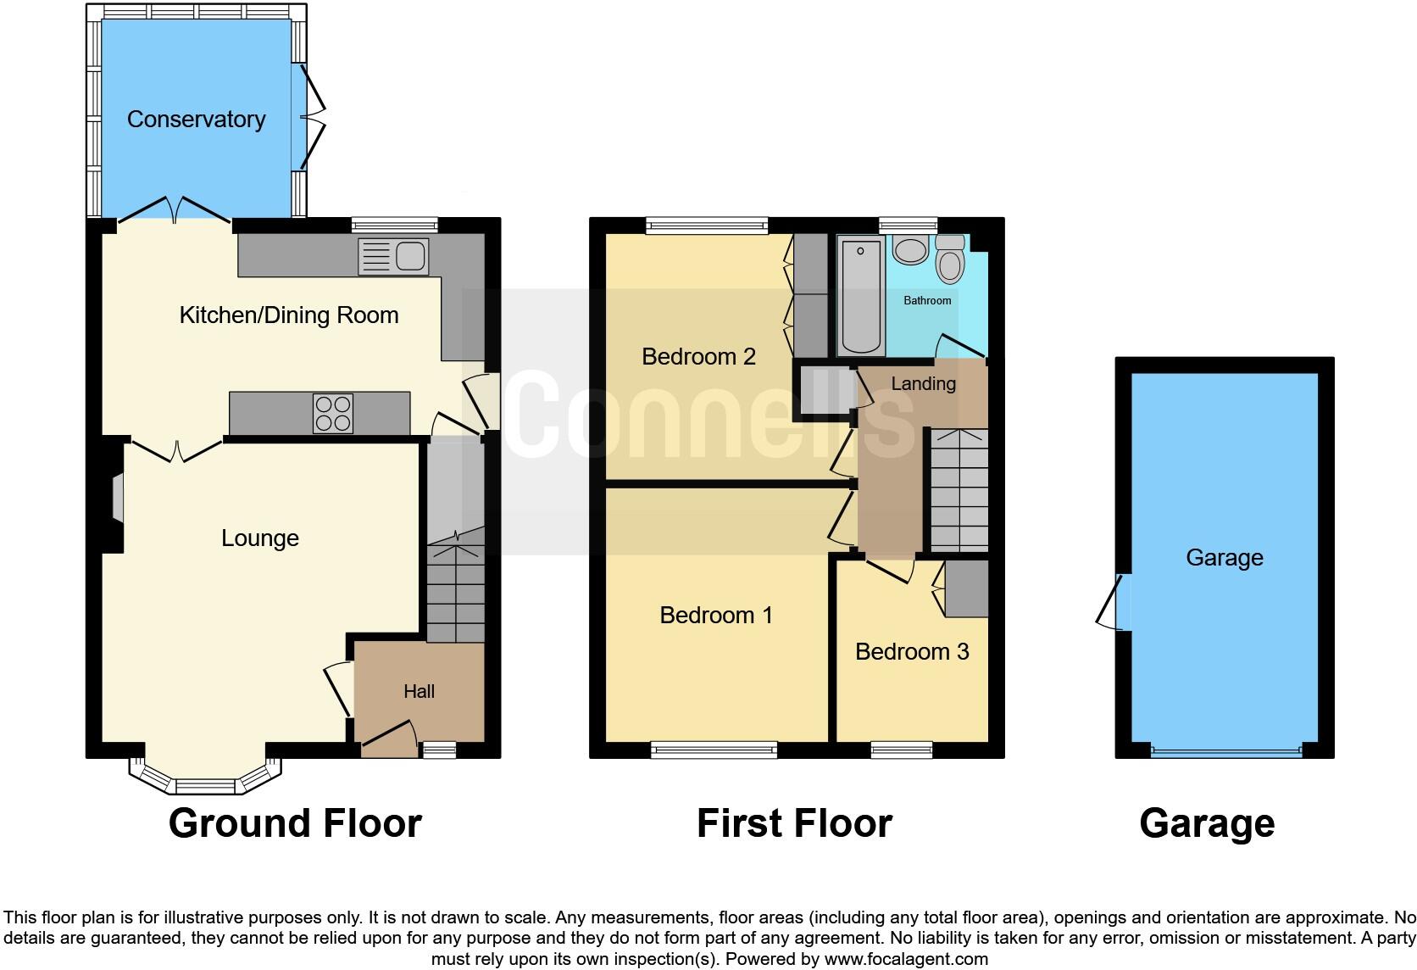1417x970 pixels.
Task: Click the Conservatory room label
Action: point(196,120)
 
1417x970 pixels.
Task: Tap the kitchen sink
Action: point(394,257)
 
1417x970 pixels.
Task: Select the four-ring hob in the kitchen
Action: point(333,414)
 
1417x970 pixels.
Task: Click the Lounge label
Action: point(259,538)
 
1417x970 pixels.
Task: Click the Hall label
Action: point(419,692)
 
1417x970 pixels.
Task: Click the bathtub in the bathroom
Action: point(860,296)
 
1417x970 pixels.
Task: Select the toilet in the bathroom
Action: point(950,261)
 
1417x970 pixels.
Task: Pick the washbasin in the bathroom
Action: point(910,251)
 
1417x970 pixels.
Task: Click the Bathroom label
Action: point(927,301)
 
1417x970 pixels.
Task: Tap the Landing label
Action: point(923,384)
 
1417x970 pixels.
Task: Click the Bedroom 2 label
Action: point(698,356)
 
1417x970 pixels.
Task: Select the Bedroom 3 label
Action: point(912,652)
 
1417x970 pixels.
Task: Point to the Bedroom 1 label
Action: point(716,615)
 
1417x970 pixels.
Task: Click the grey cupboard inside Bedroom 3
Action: point(967,588)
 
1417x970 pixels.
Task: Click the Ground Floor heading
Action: point(295,823)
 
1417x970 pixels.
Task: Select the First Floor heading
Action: point(794,823)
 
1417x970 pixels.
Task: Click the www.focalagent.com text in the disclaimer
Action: point(906,960)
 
